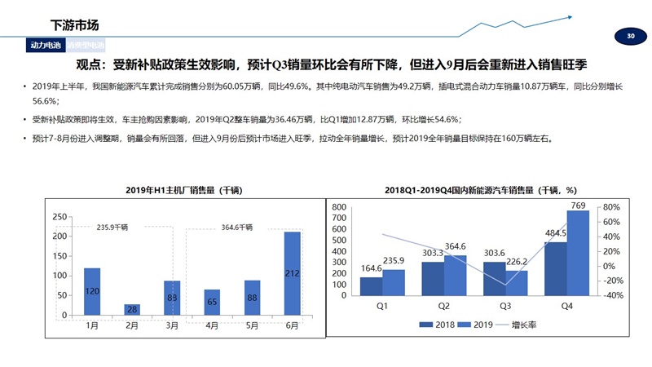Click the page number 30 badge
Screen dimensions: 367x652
(629, 37)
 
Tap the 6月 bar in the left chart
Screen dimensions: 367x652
(292, 273)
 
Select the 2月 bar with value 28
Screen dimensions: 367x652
(132, 309)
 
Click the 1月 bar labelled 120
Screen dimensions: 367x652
(92, 291)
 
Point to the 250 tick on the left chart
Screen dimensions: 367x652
(59, 217)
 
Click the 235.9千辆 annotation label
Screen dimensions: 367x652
(112, 228)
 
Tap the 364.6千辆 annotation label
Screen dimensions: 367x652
(237, 228)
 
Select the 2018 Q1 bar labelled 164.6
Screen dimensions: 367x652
(372, 289)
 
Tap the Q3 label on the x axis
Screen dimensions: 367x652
(505, 307)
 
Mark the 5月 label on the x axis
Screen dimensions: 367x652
(252, 325)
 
